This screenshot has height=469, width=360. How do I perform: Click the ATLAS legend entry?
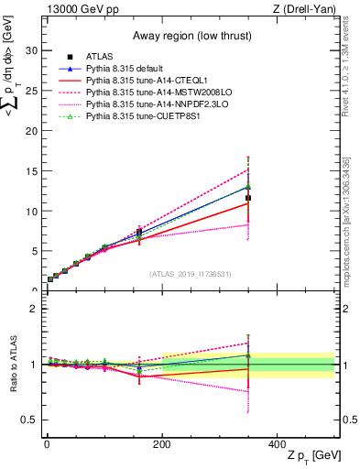tap(100, 58)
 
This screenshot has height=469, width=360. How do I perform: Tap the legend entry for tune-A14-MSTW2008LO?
tap(151, 93)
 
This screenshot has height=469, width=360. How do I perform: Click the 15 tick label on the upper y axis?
tap(29, 171)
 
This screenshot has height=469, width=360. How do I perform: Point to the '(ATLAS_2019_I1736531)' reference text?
tap(191, 274)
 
